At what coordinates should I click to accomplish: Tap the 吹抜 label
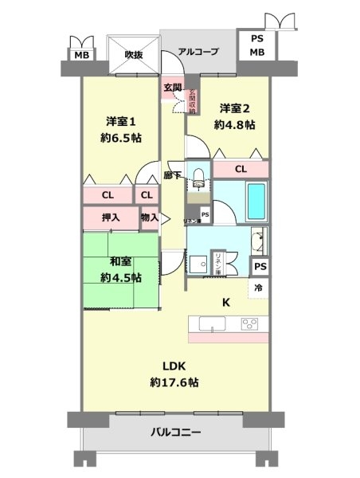[x=133, y=55]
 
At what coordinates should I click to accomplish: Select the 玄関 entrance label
[x=173, y=88]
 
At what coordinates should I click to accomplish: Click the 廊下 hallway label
[x=171, y=174]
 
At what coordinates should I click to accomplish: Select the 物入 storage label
[x=149, y=217]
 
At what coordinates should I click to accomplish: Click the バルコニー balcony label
[x=177, y=433]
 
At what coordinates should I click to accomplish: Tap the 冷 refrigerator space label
[x=260, y=288]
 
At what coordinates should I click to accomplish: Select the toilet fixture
[x=200, y=180]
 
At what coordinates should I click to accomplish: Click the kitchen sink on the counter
[x=211, y=324]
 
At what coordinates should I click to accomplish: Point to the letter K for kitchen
[x=225, y=301]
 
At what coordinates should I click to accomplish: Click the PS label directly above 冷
[x=260, y=268]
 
